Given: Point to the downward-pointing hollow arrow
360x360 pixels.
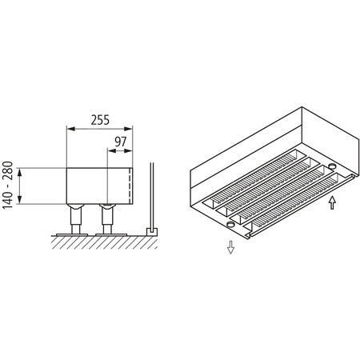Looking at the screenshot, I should [x=230, y=246].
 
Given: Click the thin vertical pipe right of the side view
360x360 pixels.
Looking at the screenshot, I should [x=152, y=196].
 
